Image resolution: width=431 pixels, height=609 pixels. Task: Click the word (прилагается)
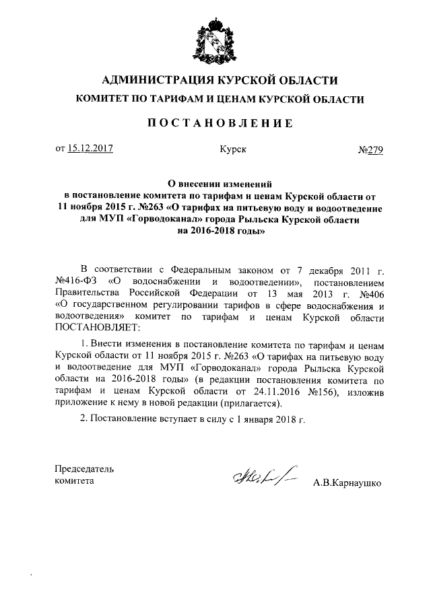247,403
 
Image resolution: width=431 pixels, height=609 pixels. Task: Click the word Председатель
84,468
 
